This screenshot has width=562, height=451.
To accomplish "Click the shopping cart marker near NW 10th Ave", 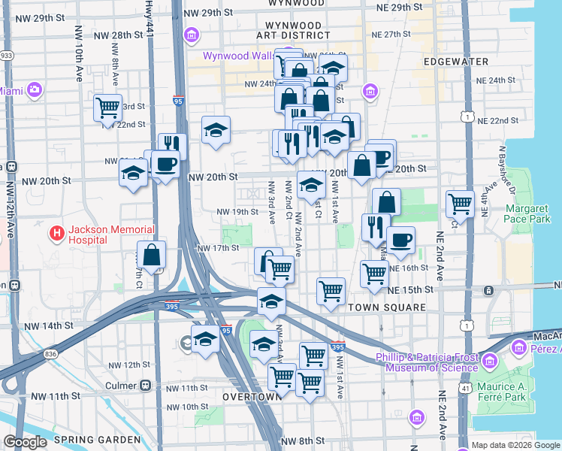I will [107, 107].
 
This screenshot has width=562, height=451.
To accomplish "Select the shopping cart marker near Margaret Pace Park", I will [459, 203].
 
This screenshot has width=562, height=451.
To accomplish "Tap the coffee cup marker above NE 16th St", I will [400, 239].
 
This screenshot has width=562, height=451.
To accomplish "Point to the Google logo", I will [25, 442].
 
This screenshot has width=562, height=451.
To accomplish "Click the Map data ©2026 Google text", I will [515, 445].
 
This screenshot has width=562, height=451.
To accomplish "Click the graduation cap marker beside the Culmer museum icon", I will [205, 339].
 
